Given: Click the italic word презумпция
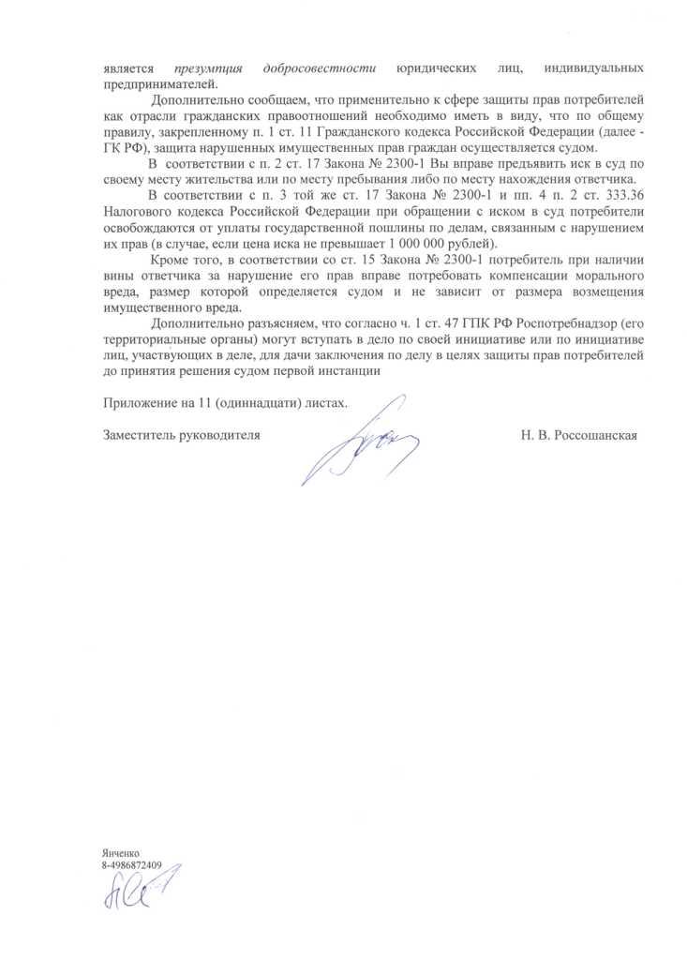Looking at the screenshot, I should (x=208, y=67).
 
